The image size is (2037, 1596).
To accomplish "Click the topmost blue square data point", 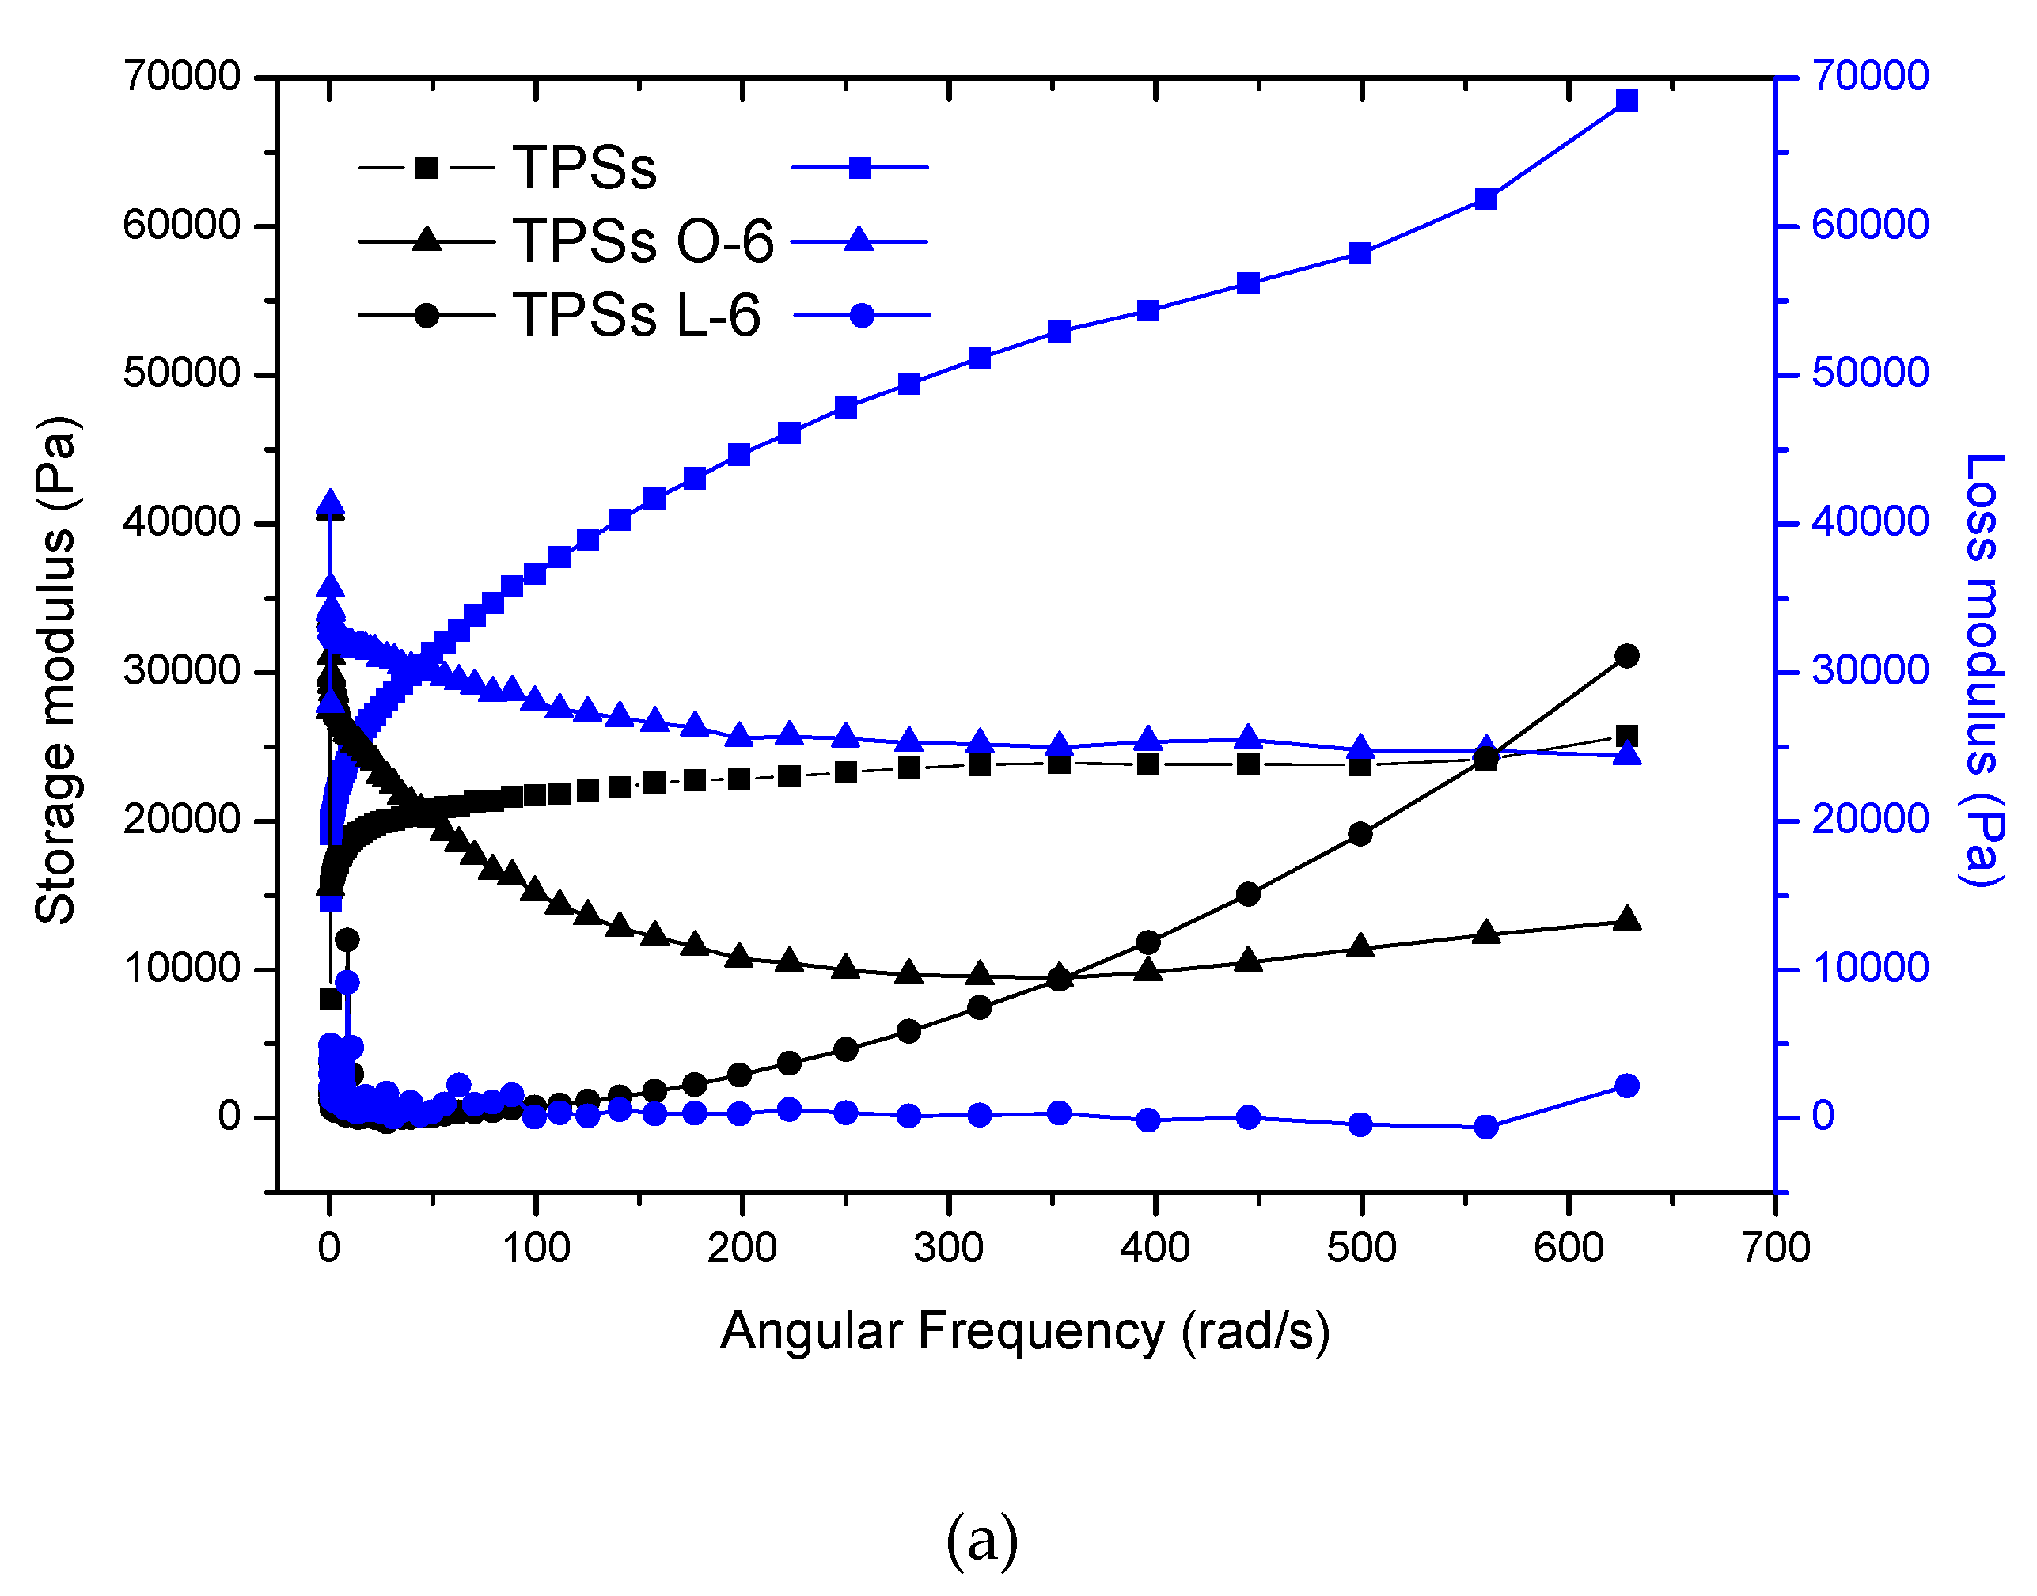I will click(1627, 101).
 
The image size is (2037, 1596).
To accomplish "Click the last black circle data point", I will click(1627, 656).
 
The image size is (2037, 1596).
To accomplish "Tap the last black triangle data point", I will click(1627, 919).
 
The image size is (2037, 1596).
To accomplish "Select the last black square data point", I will click(1627, 735).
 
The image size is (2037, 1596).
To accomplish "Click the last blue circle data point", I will click(1627, 1086).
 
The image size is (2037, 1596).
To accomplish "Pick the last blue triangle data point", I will click(1627, 754).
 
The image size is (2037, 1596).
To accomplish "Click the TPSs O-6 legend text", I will click(643, 241).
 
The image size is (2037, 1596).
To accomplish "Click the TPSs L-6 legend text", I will click(636, 315).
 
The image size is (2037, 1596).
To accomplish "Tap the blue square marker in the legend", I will click(859, 169).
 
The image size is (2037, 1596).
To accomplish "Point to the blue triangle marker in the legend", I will click(859, 241).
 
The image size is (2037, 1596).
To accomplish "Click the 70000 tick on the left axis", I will click(182, 77).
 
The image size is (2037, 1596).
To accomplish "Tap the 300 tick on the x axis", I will click(948, 1249).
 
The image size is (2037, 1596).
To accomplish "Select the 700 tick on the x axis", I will click(1775, 1249).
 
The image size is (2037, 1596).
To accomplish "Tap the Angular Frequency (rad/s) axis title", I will click(1025, 1332).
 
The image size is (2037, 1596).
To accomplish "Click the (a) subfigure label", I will click(981, 1540).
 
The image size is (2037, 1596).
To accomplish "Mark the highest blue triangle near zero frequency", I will click(330, 505).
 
